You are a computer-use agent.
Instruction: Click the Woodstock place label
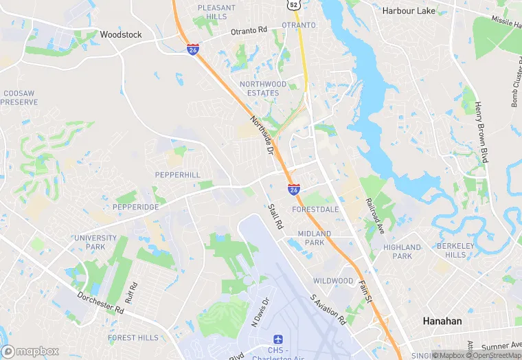click(120, 34)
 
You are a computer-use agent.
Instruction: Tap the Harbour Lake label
click(408, 11)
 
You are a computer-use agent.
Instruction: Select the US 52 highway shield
click(293, 4)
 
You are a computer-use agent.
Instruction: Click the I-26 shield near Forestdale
click(293, 189)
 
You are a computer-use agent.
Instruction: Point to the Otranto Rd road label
click(249, 31)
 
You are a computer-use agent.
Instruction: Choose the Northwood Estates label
click(259, 89)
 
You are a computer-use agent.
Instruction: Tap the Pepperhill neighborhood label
click(177, 175)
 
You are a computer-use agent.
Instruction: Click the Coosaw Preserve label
click(19, 97)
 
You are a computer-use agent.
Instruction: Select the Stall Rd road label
click(275, 215)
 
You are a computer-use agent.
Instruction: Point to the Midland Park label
click(314, 238)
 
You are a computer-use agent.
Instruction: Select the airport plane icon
click(277, 341)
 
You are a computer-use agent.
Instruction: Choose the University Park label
click(90, 242)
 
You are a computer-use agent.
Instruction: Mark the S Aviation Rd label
click(328, 310)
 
